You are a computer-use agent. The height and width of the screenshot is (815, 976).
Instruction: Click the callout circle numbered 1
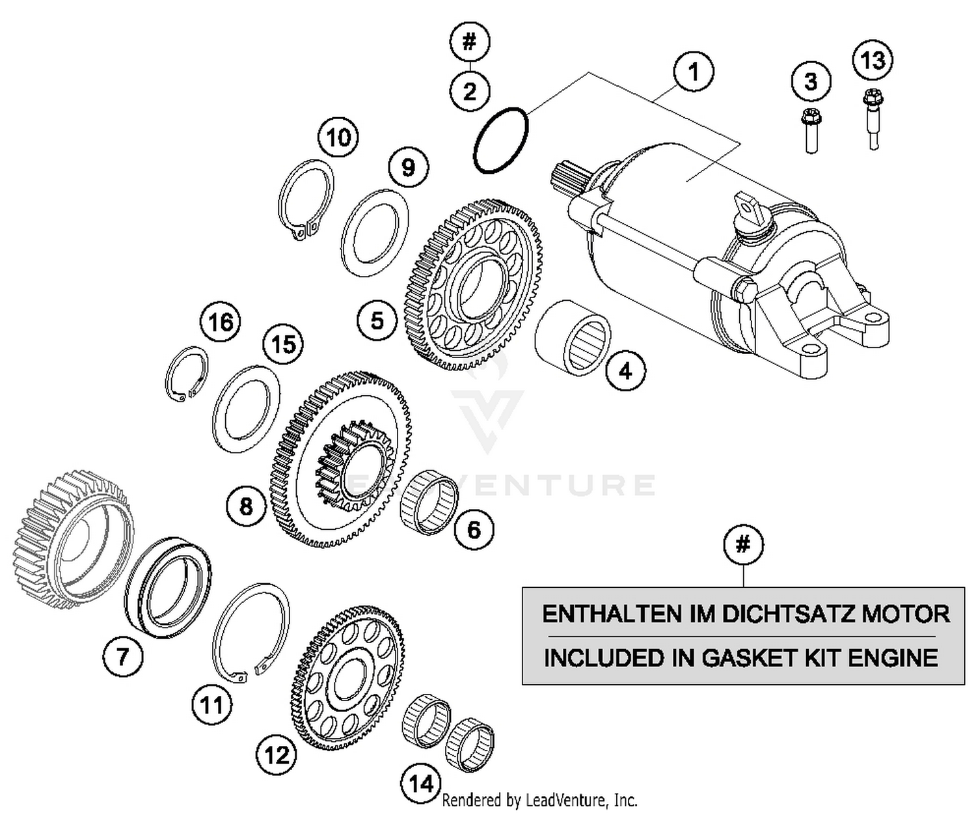tap(694, 72)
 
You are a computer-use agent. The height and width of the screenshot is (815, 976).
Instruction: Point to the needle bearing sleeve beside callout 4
tap(573, 337)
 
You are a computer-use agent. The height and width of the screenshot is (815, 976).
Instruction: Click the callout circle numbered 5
tap(377, 321)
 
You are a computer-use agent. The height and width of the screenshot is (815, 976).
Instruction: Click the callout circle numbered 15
tap(284, 344)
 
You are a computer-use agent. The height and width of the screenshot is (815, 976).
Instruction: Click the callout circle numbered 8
tap(247, 506)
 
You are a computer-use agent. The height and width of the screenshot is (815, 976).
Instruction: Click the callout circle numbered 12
tap(277, 755)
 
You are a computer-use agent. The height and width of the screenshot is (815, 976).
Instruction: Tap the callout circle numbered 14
tap(421, 782)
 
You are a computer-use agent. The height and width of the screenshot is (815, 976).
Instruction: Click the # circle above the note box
tap(743, 544)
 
